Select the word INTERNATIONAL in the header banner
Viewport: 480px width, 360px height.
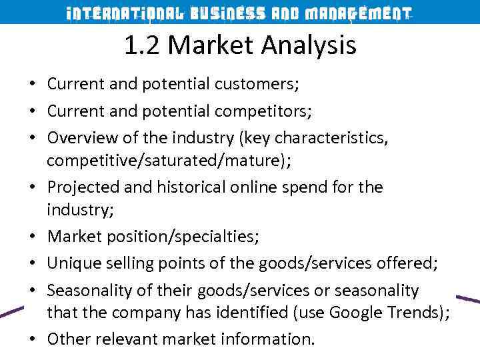tap(123, 13)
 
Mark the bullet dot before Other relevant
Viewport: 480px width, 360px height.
tap(31, 339)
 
